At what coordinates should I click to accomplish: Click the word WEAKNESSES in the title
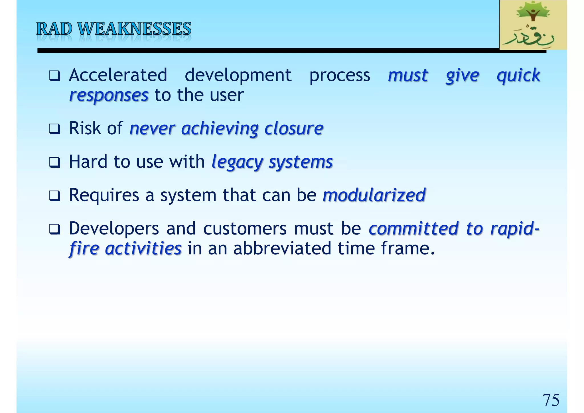[x=134, y=29]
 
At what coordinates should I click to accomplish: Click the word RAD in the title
[x=54, y=29]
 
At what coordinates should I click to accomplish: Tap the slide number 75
[x=551, y=400]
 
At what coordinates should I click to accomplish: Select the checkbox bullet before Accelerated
[x=54, y=76]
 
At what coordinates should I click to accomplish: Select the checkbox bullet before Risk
[x=54, y=129]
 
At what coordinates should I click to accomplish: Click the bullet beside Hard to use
[x=54, y=163]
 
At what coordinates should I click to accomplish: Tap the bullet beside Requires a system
[x=54, y=196]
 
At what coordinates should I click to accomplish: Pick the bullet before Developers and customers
[x=54, y=229]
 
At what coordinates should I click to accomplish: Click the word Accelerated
[x=118, y=75]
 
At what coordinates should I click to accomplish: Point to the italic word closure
[x=294, y=129]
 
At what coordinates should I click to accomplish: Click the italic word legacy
[x=237, y=163]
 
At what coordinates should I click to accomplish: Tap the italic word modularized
[x=374, y=195]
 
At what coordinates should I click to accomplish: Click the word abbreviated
[x=282, y=248]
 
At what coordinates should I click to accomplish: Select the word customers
[x=245, y=229]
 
